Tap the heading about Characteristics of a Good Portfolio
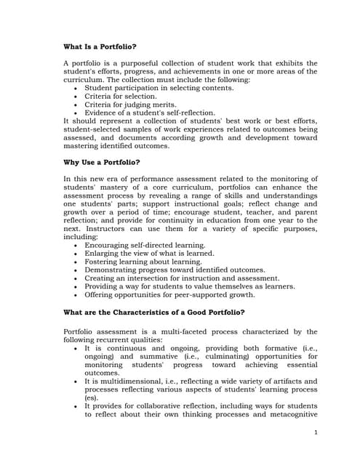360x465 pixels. click(x=154, y=312)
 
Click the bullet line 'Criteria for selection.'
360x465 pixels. click(x=120, y=96)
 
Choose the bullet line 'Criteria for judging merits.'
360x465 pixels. click(x=130, y=105)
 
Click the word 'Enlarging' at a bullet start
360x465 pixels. click(x=103, y=254)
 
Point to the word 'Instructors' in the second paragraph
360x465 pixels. click(x=95, y=229)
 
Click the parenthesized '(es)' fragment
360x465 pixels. click(x=91, y=398)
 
